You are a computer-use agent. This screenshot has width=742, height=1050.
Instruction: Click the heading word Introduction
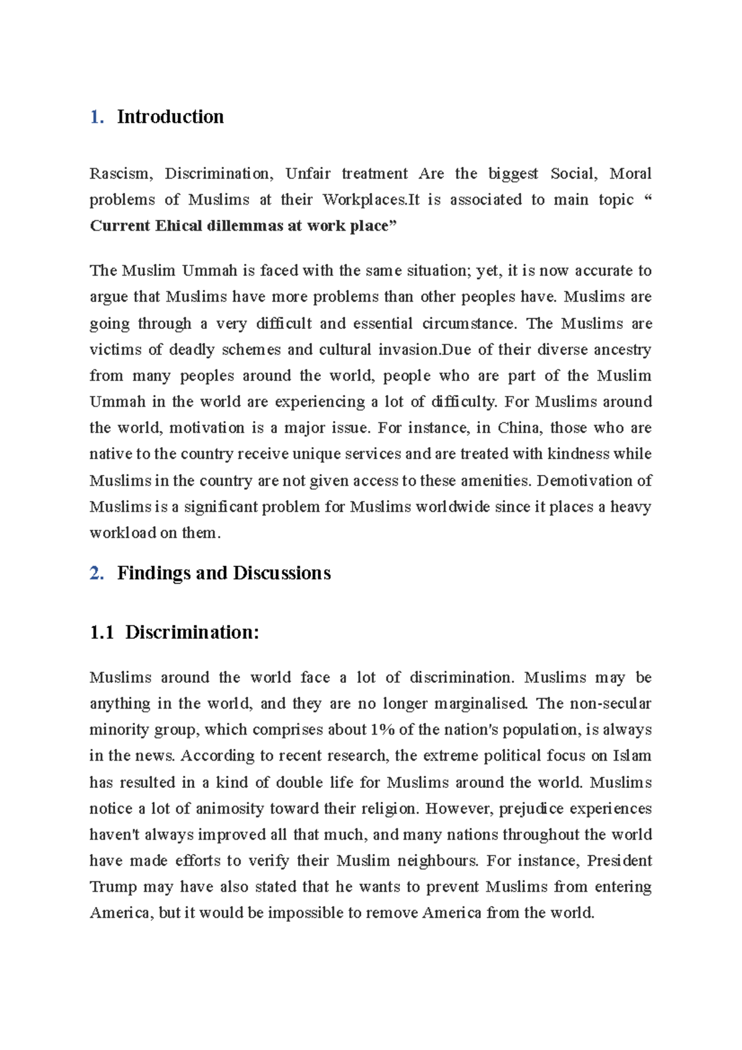tap(170, 117)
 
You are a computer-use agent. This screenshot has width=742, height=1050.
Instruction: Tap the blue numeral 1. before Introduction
tap(96, 117)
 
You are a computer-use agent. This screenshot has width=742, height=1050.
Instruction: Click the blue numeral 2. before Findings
tap(96, 573)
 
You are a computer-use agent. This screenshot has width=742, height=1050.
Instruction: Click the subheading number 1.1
tap(102, 633)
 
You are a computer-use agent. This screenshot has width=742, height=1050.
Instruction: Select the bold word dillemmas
tap(244, 226)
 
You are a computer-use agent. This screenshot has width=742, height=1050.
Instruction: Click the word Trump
tap(113, 887)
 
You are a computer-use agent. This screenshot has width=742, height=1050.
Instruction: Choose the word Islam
tap(632, 756)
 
